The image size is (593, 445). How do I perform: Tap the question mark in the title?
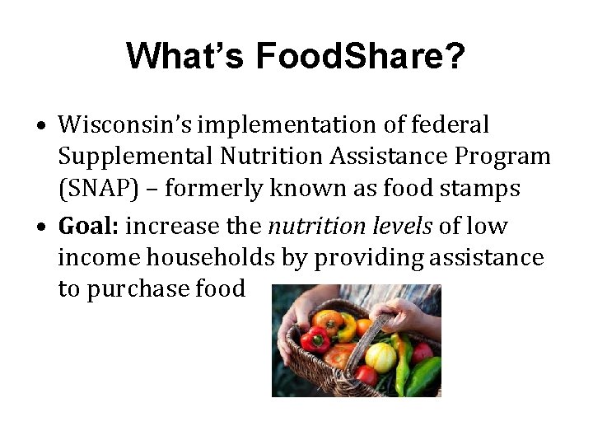pyautogui.click(x=455, y=56)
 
